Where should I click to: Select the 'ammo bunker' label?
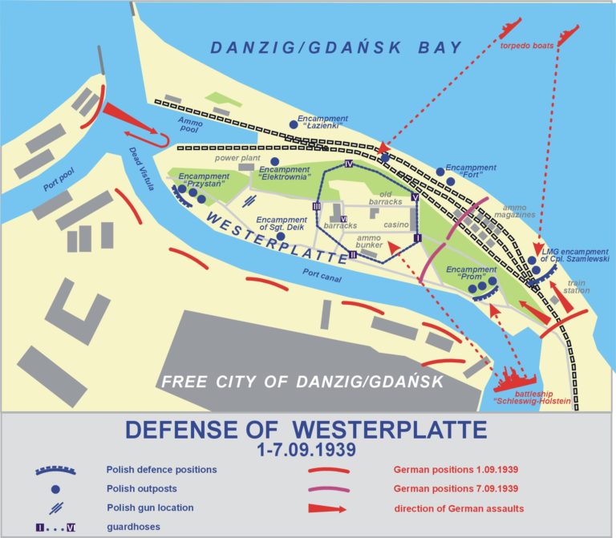tap(374, 243)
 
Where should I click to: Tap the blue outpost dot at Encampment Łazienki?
tap(294, 124)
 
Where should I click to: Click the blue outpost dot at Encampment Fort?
tap(440, 171)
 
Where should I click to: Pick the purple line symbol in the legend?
tap(328, 488)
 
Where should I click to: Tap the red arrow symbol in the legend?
tap(328, 508)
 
